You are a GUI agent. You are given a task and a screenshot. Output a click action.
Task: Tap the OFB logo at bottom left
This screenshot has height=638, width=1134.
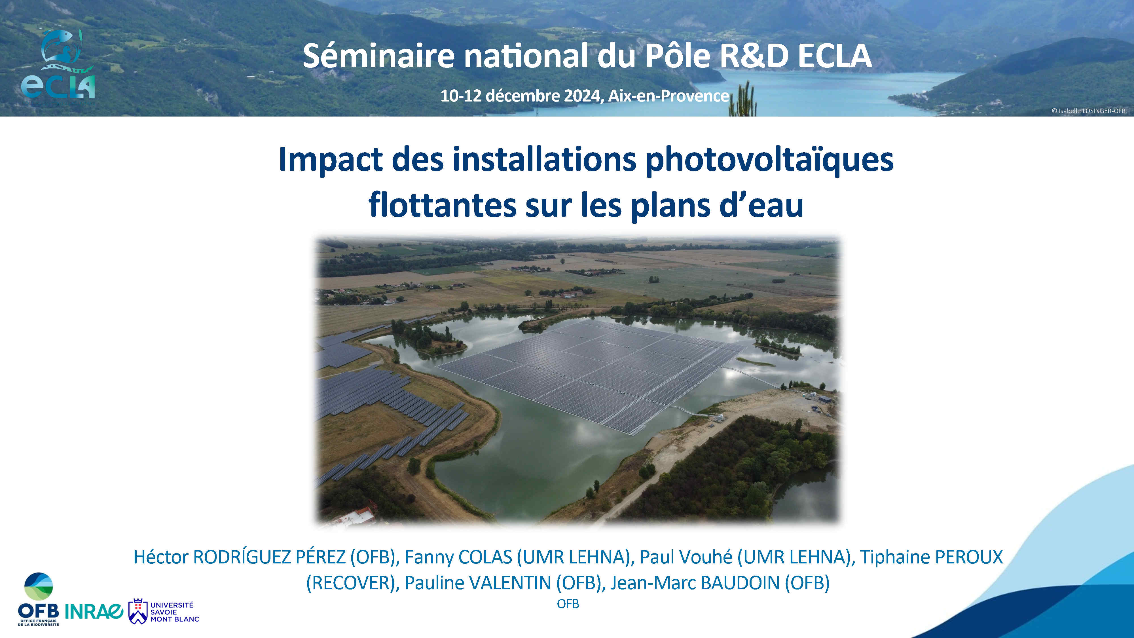(38, 599)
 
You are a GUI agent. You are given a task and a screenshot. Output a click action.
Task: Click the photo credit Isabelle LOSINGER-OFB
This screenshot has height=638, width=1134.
(1088, 111)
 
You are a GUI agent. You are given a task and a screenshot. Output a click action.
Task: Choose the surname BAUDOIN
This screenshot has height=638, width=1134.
(741, 583)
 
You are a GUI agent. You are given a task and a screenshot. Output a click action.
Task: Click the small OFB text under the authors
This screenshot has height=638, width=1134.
(568, 604)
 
